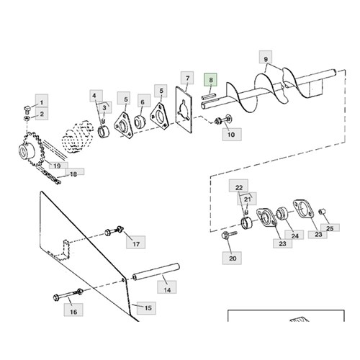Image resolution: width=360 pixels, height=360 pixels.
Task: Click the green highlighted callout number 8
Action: coord(210,80)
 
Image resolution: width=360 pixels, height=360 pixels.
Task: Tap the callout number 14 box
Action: coord(167,287)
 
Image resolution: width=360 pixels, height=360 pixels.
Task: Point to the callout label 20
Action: coord(232,258)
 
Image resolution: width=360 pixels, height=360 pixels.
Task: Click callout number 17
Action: coord(136,243)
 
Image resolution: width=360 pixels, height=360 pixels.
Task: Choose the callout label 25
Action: coord(330,228)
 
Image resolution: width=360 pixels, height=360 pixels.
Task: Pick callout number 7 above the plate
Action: coord(187,78)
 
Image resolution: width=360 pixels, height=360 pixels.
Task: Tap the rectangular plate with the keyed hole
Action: coord(184,109)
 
